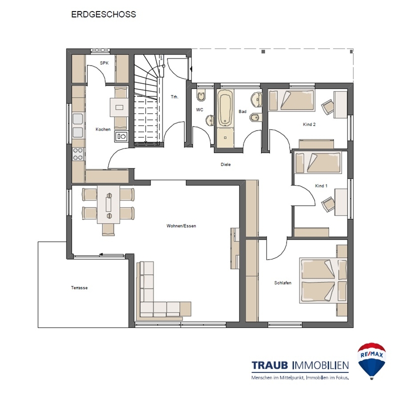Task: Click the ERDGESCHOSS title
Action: pyautogui.click(x=103, y=14)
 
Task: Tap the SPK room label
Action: pyautogui.click(x=104, y=63)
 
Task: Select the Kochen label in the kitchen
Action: pyautogui.click(x=103, y=129)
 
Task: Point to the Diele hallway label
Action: pyautogui.click(x=225, y=164)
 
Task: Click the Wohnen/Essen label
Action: pyautogui.click(x=181, y=226)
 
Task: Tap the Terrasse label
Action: pyautogui.click(x=79, y=287)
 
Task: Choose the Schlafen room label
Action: pyautogui.click(x=283, y=283)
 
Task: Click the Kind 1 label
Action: pyautogui.click(x=321, y=186)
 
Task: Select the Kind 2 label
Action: pyautogui.click(x=309, y=124)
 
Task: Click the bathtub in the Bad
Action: pyautogui.click(x=225, y=107)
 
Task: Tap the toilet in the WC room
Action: pyautogui.click(x=201, y=95)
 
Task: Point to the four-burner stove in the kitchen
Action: pyautogui.click(x=77, y=154)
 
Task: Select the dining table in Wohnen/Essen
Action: pyautogui.click(x=108, y=204)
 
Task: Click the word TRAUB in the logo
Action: pyautogui.click(x=269, y=365)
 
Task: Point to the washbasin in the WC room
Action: pyautogui.click(x=210, y=120)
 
